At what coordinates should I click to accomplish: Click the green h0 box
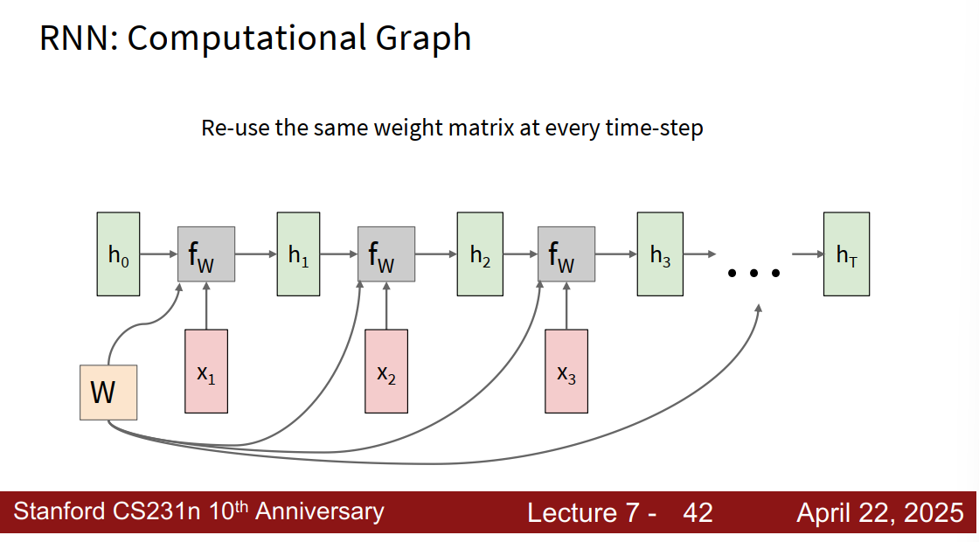tap(118, 254)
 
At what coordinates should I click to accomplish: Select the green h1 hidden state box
tap(298, 254)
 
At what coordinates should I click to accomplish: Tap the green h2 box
tap(480, 254)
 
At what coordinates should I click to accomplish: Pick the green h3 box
tap(660, 254)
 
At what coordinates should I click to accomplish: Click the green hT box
tap(846, 254)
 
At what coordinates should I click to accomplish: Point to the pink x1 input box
tap(206, 372)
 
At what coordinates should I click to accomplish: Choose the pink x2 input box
tap(386, 372)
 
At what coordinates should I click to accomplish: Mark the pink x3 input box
tap(566, 372)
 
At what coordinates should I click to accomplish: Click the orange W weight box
tap(108, 393)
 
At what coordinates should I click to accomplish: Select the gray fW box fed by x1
tap(206, 254)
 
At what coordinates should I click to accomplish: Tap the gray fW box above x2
tap(386, 254)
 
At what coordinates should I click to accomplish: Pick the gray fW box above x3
tap(566, 254)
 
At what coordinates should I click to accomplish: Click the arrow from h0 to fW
tap(158, 254)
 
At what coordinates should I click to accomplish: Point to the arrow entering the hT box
tap(808, 254)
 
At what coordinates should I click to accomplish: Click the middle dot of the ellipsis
tap(754, 273)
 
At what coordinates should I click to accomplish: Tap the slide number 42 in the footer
tap(698, 512)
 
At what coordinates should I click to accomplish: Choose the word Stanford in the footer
tap(59, 511)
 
